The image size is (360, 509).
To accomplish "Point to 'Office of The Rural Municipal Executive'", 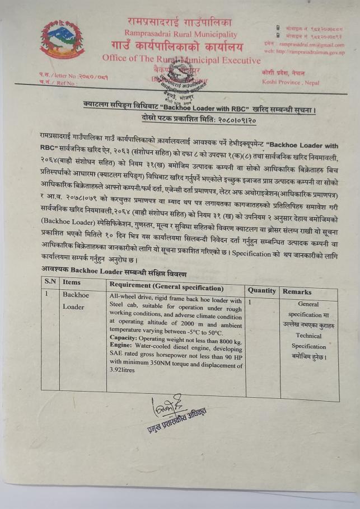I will click(x=181, y=59).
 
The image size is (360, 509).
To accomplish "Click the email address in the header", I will click(x=312, y=44).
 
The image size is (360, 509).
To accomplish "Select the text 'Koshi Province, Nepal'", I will click(x=290, y=83).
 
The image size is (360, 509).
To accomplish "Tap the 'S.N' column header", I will click(x=50, y=282).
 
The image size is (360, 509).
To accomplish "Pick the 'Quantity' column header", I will click(x=262, y=291).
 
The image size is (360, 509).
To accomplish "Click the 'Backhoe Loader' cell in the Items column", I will click(x=76, y=300).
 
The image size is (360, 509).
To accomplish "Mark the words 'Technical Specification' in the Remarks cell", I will click(x=308, y=341).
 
